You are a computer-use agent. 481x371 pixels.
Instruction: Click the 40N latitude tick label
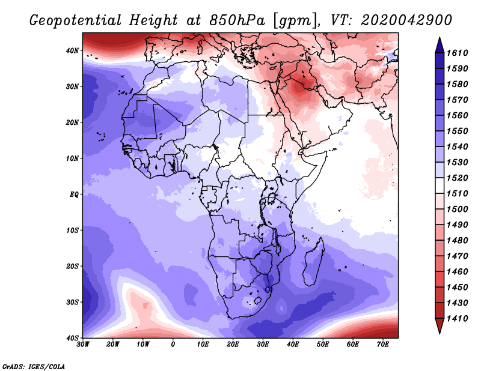tap(72, 50)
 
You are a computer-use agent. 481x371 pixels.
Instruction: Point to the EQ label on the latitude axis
tap(74, 195)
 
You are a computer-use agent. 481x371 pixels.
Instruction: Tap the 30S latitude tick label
tap(72, 303)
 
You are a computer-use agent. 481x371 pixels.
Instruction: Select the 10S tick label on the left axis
tap(72, 231)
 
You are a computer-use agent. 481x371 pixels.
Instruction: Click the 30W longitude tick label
tap(83, 345)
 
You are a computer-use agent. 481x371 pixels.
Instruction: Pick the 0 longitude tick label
tap(173, 345)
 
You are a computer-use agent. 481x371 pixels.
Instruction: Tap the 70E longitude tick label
tap(383, 345)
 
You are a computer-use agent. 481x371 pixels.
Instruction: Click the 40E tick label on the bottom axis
tap(293, 345)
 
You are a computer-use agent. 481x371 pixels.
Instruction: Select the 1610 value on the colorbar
tap(457, 53)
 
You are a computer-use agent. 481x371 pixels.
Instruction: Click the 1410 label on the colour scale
tap(457, 319)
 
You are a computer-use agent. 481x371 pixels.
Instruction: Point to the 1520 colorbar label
tap(457, 178)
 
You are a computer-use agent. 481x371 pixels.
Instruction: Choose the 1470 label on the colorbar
tap(457, 256)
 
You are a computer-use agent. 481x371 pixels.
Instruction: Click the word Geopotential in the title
tap(76, 20)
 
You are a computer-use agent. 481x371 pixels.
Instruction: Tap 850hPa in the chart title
tap(237, 20)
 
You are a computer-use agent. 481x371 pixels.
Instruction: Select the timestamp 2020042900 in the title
tap(406, 20)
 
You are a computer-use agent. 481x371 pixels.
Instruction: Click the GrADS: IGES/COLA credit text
tap(34, 366)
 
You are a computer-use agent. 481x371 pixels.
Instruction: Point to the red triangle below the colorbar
tap(440, 326)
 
